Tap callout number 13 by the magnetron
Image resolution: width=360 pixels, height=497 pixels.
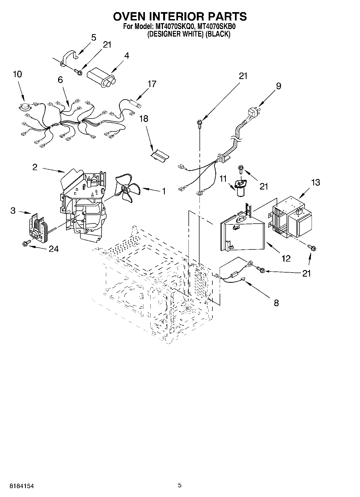coord(316,183)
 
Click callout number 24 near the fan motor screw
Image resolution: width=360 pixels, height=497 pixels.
coord(54,249)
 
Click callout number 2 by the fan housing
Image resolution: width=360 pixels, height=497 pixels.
coord(35,167)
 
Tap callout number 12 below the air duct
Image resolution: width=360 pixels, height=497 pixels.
coord(286,258)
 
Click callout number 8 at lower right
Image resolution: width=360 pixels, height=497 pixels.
coord(276,303)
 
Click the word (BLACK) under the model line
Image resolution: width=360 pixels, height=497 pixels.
coord(218,34)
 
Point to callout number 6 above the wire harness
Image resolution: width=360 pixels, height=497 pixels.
coord(60,80)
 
